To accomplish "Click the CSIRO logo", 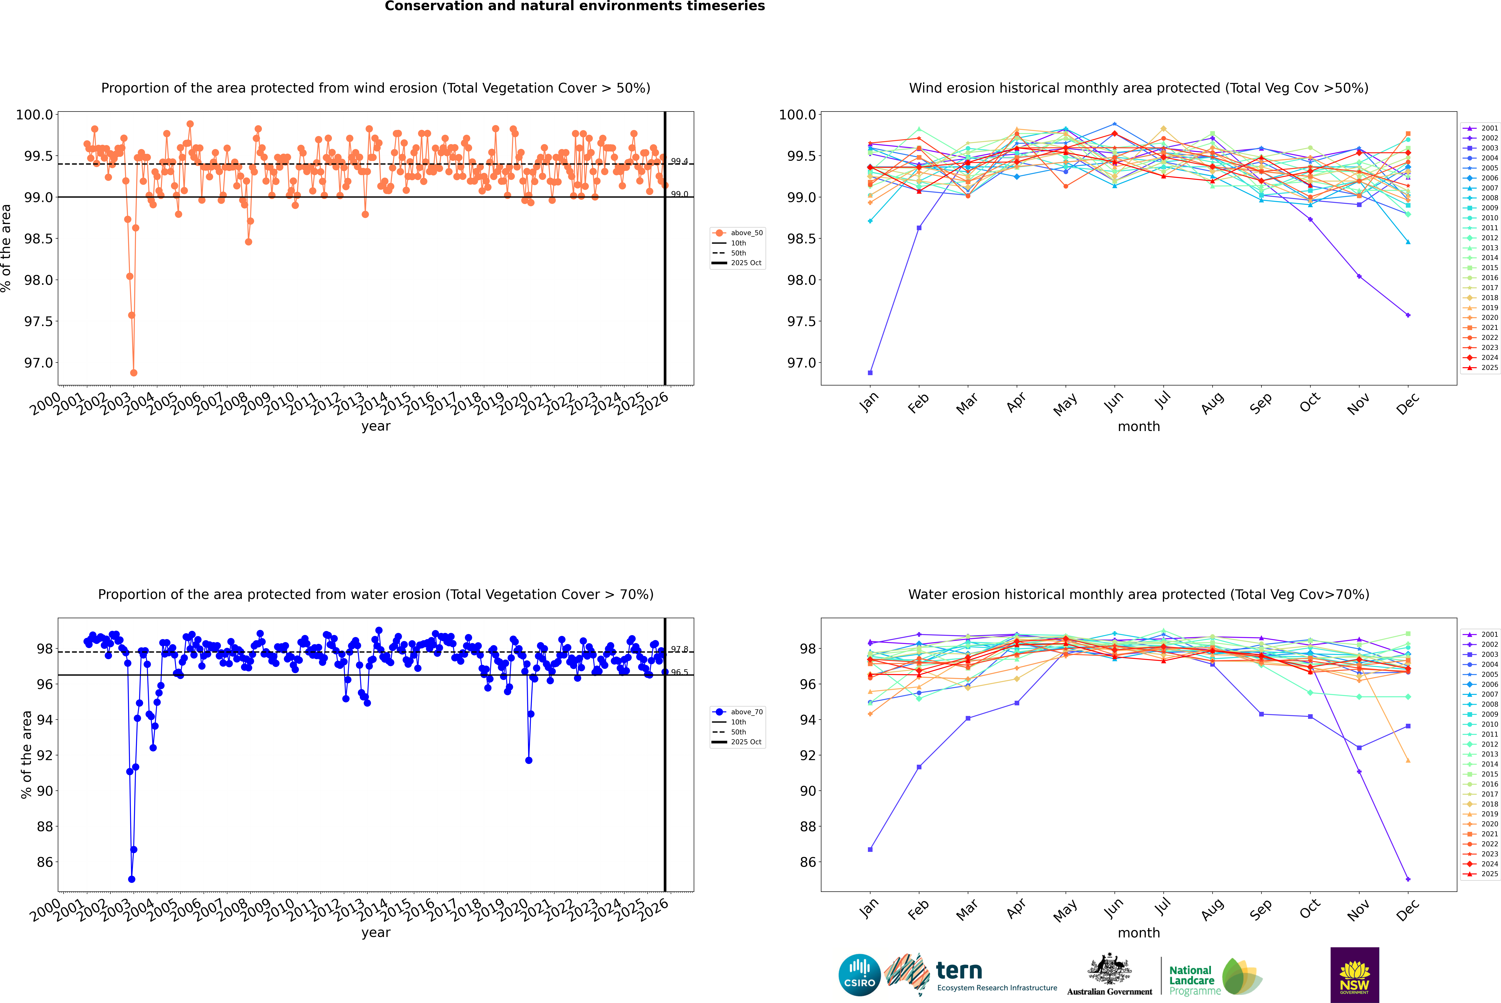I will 859,975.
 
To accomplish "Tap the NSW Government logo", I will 1354,975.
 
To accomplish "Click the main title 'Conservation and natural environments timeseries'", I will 574,6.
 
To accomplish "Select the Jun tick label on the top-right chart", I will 1114,402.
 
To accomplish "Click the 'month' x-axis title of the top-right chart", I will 1138,427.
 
